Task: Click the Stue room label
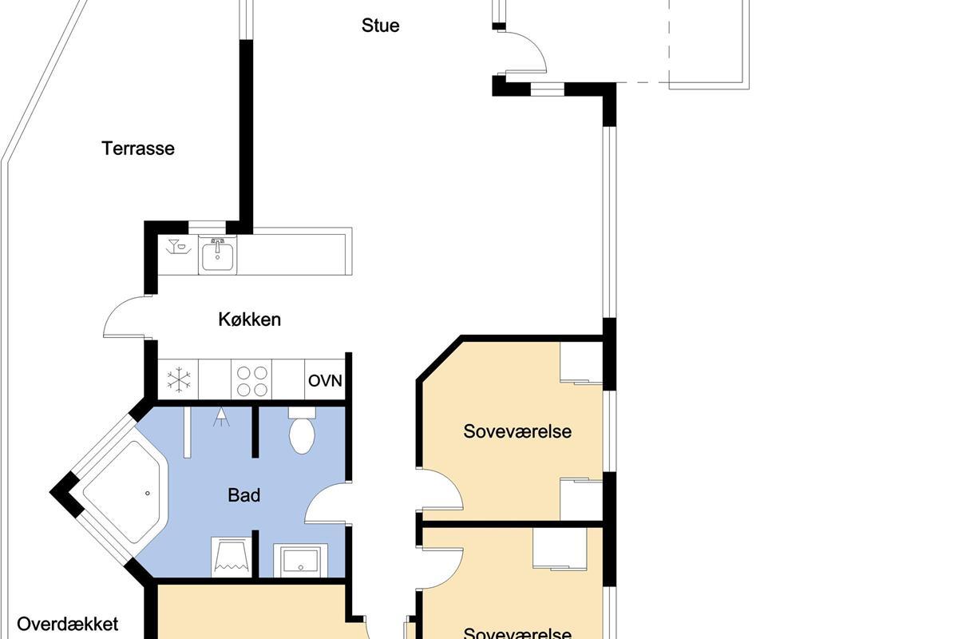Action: (380, 26)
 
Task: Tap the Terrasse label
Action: (137, 149)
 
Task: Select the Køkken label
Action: (249, 319)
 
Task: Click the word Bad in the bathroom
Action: (243, 495)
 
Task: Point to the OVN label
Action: (325, 380)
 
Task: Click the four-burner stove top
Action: (252, 380)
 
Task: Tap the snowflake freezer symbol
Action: (178, 379)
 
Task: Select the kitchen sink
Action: (218, 256)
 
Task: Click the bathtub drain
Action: (148, 493)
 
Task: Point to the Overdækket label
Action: (68, 624)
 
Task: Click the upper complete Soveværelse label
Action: (517, 431)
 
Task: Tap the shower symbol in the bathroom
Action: (220, 417)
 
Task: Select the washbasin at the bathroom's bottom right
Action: (301, 560)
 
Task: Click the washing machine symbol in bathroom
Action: (232, 557)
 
